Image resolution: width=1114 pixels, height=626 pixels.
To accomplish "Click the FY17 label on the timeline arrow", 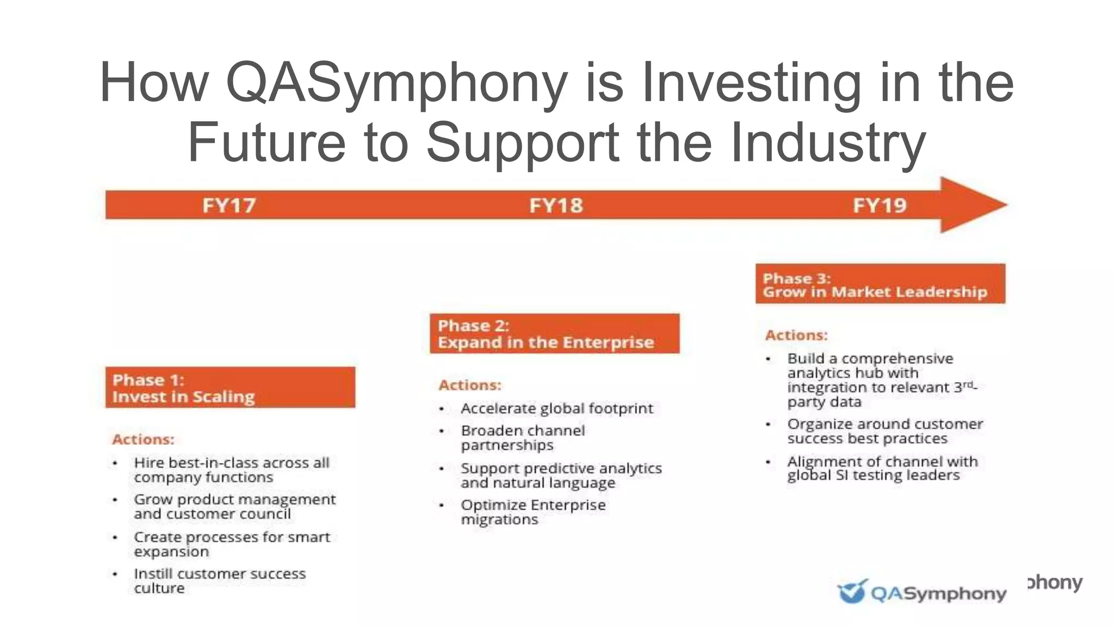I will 229,205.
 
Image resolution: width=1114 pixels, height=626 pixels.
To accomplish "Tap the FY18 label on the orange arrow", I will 556,205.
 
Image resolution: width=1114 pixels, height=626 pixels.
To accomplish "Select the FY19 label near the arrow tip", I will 880,205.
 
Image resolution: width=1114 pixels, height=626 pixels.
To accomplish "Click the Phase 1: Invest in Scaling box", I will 230,387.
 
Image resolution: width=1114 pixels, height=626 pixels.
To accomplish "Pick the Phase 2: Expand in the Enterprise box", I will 554,334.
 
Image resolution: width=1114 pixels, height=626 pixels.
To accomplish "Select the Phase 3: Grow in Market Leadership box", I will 880,284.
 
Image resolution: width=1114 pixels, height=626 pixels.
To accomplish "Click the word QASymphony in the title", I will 396,83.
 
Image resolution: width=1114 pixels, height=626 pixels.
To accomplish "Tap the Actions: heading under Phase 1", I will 143,439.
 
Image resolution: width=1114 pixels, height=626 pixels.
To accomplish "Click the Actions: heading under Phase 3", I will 796,335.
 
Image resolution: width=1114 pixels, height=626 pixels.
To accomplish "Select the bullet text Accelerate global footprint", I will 556,408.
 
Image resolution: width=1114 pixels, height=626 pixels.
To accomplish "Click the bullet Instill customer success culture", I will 219,580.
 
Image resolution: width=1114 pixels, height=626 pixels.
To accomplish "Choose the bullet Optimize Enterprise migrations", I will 533,512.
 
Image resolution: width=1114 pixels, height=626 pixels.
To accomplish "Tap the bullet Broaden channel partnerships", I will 522,437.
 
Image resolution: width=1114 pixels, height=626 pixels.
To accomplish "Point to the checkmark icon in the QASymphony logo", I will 851,591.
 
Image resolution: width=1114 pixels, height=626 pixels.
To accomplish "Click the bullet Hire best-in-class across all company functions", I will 231,469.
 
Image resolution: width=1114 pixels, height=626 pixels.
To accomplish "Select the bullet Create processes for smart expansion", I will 231,544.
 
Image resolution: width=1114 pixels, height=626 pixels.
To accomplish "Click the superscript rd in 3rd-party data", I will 968,384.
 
